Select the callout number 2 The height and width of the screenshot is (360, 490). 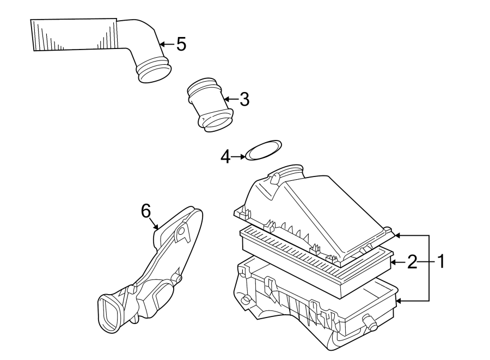412,263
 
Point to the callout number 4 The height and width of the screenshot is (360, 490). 225,157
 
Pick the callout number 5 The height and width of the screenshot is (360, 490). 181,44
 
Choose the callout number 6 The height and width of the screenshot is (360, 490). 145,210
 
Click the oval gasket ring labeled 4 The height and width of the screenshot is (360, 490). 264,150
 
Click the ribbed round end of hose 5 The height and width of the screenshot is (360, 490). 154,71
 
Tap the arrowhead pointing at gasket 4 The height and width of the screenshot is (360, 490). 243,157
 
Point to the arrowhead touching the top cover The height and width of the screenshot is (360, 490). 397,235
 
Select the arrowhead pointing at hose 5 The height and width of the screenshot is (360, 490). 162,44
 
